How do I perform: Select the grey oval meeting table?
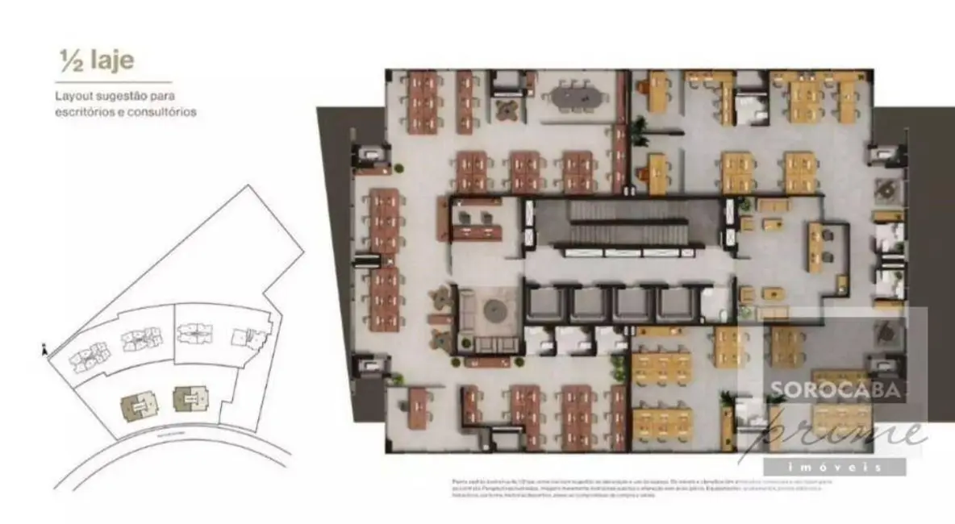pyautogui.click(x=577, y=98)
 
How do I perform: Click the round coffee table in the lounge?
pyautogui.click(x=493, y=309)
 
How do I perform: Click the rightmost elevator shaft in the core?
pyautogui.click(x=674, y=305)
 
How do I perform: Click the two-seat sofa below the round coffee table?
pyautogui.click(x=491, y=344)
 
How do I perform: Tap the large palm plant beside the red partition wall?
pyautogui.click(x=641, y=130)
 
